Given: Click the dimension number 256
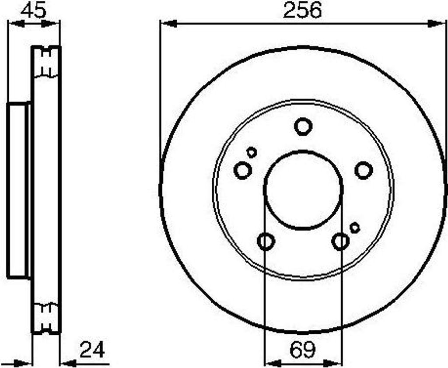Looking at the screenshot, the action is [x=303, y=10].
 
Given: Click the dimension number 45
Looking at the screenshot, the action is [x=33, y=11].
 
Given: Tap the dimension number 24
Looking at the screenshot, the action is [x=92, y=350].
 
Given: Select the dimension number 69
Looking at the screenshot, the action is [x=303, y=350].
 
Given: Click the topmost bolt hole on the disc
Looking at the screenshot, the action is [x=303, y=126].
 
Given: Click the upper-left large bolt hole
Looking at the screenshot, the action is [x=243, y=170].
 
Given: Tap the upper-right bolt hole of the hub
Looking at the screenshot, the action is [x=364, y=170].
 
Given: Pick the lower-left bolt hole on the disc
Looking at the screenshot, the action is [x=266, y=242].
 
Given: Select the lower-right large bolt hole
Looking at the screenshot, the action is [x=340, y=242].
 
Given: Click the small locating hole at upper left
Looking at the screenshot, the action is [x=252, y=152].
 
